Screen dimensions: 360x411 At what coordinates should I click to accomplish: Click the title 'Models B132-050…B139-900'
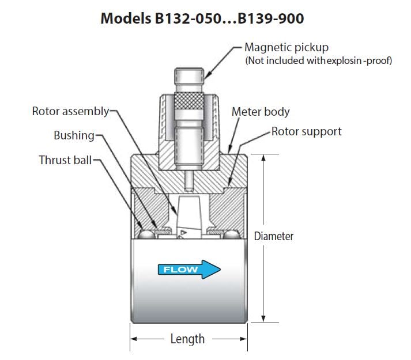pyautogui.click(x=202, y=18)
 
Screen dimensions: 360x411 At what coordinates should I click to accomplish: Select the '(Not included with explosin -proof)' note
pyautogui.click(x=318, y=60)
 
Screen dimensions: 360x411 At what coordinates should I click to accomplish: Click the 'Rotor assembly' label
pyautogui.click(x=70, y=111)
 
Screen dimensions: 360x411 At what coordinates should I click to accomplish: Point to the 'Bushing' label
pyautogui.click(x=73, y=135)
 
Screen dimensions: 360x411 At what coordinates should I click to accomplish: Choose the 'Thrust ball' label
pyautogui.click(x=65, y=160)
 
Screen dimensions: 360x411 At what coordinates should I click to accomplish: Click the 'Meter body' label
pyautogui.click(x=261, y=111)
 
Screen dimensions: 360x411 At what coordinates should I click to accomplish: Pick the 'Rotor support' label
pyautogui.click(x=307, y=131)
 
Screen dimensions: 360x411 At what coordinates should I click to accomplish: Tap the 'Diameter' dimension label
pyautogui.click(x=274, y=236)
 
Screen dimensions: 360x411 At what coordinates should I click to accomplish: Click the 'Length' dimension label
pyautogui.click(x=187, y=339)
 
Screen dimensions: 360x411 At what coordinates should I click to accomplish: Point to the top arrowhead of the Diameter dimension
pyautogui.click(x=263, y=159)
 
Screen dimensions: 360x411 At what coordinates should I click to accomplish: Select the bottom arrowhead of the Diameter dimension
pyautogui.click(x=263, y=318)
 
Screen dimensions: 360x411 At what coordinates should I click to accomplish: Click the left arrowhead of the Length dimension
pyautogui.click(x=134, y=339)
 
